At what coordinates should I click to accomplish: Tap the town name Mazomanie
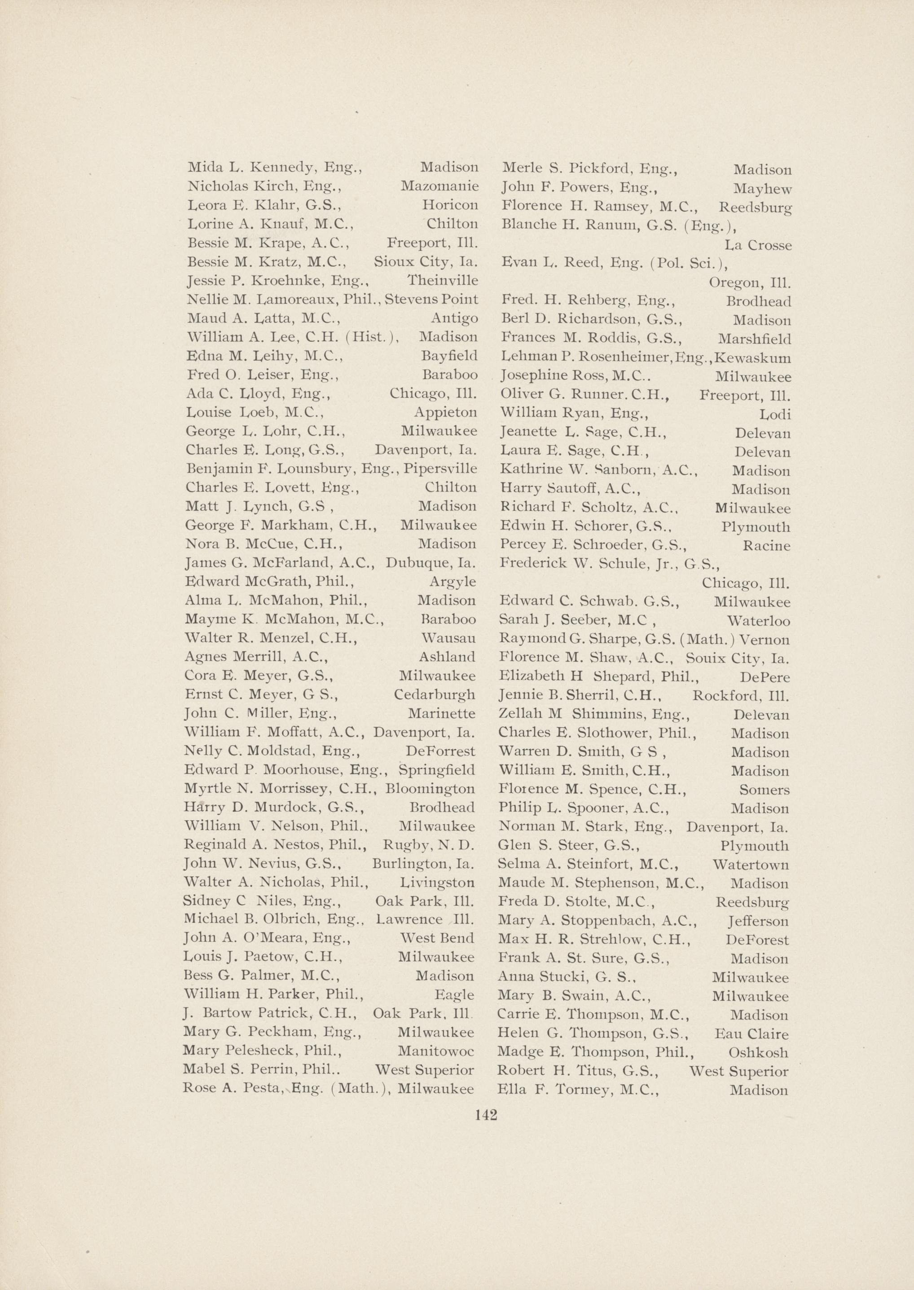(x=439, y=186)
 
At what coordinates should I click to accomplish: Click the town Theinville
(x=442, y=280)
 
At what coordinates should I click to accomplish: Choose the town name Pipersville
(x=439, y=468)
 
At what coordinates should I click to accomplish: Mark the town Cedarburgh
(x=435, y=695)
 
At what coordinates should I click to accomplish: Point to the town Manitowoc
(x=435, y=1051)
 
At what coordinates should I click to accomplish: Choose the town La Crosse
(x=757, y=246)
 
